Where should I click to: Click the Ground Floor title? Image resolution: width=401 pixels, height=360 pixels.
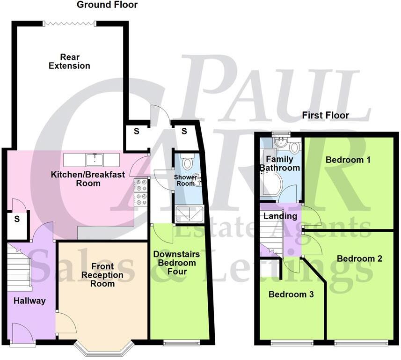tap(107, 5)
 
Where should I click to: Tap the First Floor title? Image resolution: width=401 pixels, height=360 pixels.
tap(326, 115)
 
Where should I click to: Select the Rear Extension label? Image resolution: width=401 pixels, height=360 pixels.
tap(69, 61)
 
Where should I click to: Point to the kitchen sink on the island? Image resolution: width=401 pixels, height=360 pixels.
tap(95, 160)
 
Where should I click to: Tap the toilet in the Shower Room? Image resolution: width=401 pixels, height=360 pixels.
tap(188, 162)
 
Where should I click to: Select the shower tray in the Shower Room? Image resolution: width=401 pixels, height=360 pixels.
tap(189, 214)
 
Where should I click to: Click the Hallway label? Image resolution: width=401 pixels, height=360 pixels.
tap(29, 301)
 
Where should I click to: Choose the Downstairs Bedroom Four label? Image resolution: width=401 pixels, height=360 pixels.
tap(177, 263)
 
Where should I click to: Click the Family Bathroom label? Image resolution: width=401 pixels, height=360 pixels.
tap(280, 163)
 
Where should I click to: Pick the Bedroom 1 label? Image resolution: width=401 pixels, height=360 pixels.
tap(348, 160)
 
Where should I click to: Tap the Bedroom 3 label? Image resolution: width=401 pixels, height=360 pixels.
tap(291, 294)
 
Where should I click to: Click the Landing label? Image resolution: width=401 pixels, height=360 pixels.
tap(280, 216)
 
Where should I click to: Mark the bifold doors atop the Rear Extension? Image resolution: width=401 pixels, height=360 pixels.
tap(70, 22)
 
